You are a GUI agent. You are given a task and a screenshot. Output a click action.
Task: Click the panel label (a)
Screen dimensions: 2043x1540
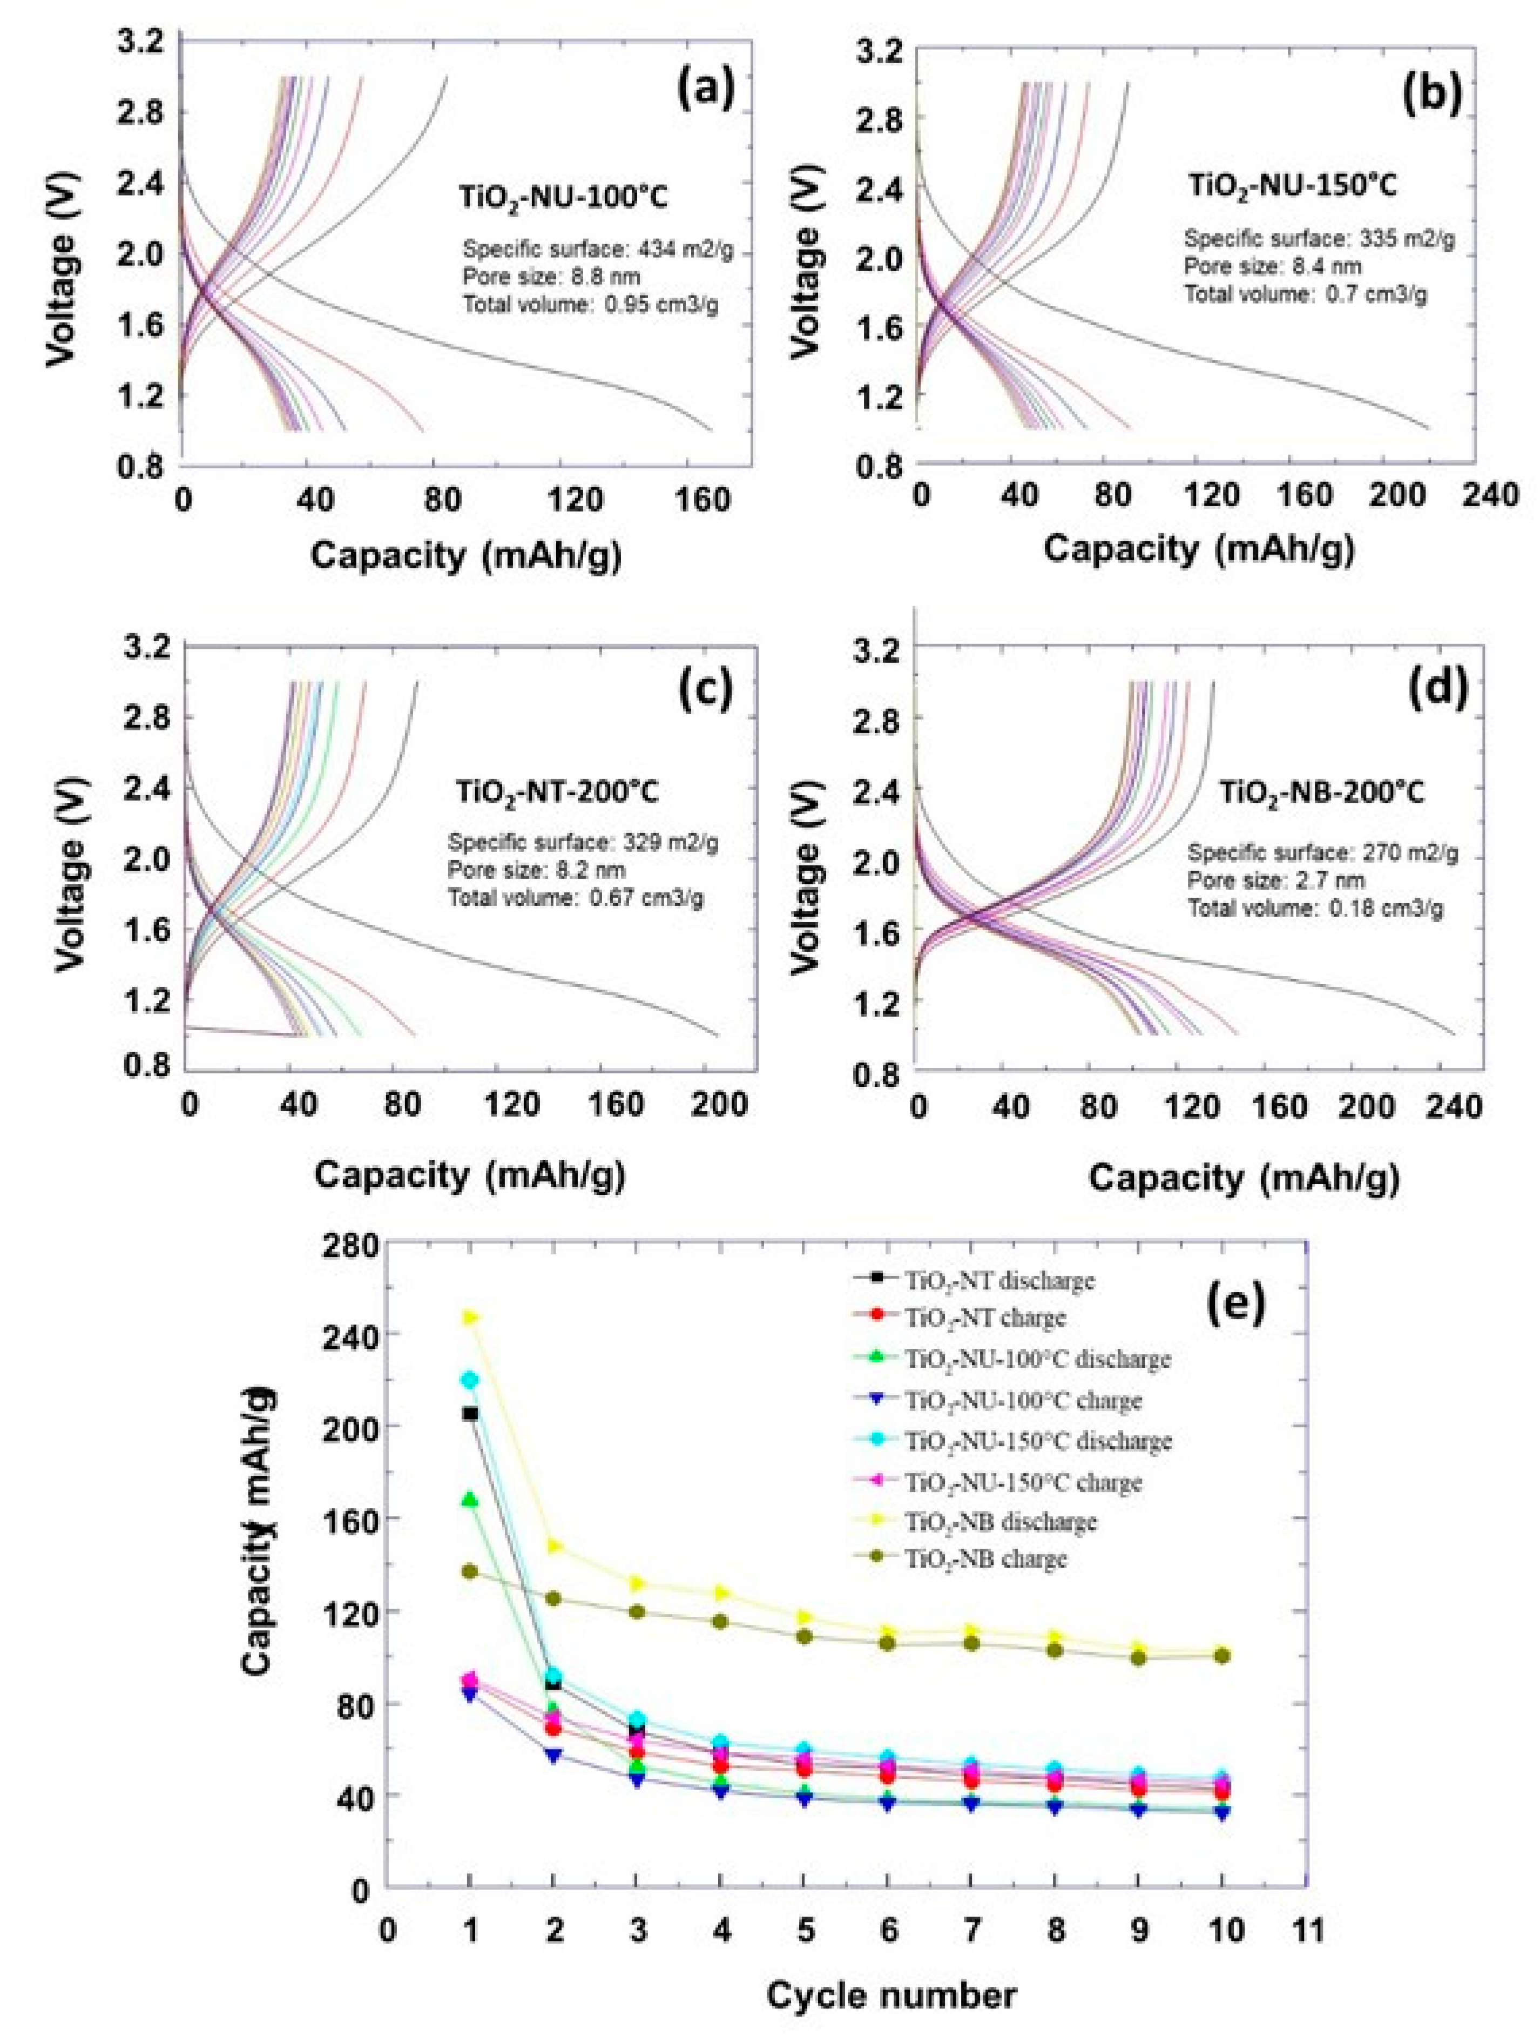[x=705, y=90]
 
